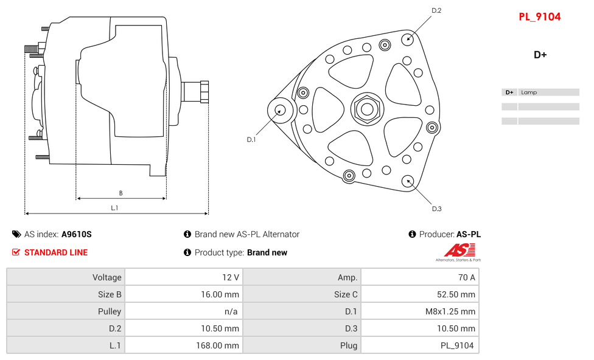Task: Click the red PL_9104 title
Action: [539, 17]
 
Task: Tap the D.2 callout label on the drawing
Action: [436, 10]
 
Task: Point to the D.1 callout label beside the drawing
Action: [251, 139]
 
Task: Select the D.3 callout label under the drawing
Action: [436, 209]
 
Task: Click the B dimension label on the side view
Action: [121, 193]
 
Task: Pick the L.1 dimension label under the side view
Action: [114, 208]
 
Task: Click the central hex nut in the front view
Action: [367, 109]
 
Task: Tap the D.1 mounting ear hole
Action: [281, 110]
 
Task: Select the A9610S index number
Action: [76, 234]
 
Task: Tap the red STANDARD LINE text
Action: [56, 252]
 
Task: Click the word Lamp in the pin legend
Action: [529, 92]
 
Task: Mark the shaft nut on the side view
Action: [204, 92]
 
